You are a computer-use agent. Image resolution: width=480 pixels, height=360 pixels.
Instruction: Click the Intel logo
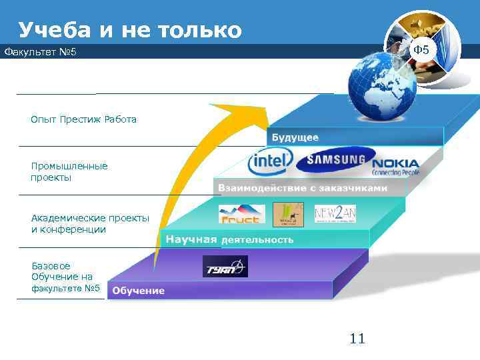[270, 162]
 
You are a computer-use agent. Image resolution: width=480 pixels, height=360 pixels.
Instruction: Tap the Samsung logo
[331, 160]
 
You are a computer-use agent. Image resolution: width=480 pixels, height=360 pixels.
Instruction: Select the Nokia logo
[395, 166]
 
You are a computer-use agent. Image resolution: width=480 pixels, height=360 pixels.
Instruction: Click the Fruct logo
[242, 214]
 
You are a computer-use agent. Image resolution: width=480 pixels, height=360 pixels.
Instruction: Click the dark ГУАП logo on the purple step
[225, 267]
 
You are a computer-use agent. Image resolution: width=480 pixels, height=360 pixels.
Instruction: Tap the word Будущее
[295, 137]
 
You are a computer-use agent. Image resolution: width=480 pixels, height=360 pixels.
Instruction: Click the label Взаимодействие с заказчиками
[302, 188]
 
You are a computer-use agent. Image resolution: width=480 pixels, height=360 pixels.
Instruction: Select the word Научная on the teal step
[191, 239]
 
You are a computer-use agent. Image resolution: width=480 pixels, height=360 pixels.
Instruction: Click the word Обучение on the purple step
[138, 290]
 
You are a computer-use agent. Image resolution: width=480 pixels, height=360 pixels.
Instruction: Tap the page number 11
[357, 339]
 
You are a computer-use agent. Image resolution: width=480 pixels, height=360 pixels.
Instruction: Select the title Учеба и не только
[130, 30]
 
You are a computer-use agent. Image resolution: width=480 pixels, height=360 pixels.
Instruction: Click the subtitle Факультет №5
[41, 51]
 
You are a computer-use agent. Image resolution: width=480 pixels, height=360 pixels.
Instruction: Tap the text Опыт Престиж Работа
[83, 119]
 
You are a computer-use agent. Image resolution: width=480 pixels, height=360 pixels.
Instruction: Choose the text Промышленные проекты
[69, 171]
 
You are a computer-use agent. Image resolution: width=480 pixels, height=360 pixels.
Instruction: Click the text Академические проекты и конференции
[90, 224]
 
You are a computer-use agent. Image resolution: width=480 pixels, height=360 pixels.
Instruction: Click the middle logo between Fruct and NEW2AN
[288, 214]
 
